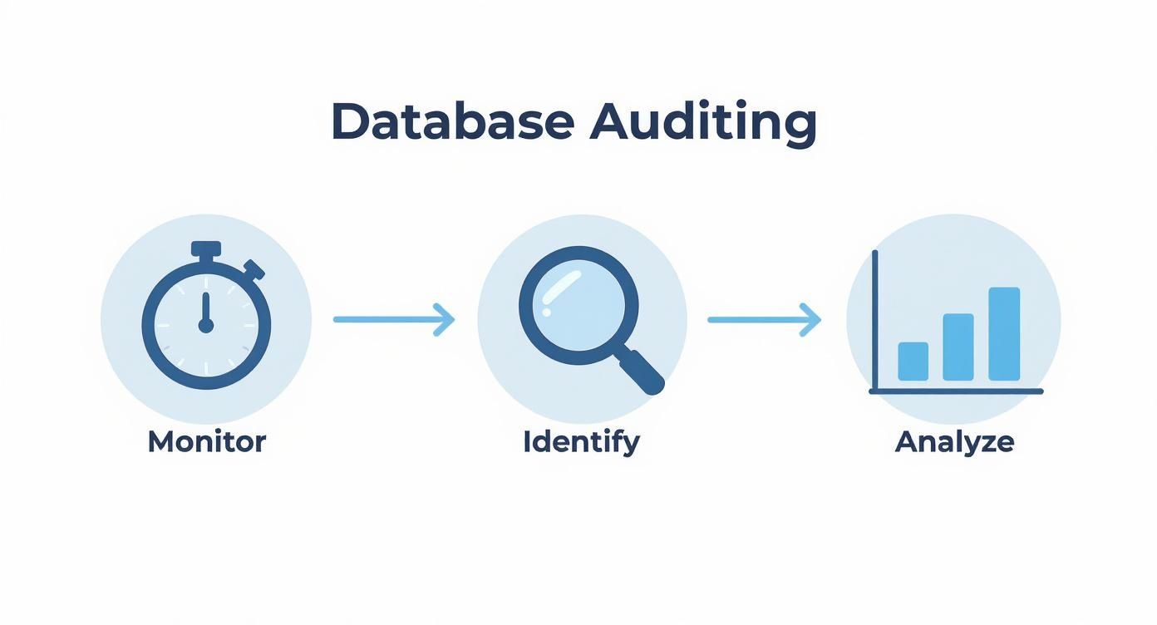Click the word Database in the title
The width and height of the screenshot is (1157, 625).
click(452, 122)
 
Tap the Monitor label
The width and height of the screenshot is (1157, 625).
click(206, 441)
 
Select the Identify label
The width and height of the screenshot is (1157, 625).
click(581, 441)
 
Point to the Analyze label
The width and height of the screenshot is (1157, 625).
click(954, 441)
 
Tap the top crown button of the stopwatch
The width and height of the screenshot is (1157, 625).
click(206, 249)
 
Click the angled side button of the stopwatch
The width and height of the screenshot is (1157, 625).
click(254, 269)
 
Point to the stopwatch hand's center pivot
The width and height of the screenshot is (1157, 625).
click(206, 325)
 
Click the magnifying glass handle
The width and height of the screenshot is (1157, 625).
click(642, 371)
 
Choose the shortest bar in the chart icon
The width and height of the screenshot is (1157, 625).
click(913, 362)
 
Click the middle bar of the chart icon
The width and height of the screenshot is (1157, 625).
click(958, 347)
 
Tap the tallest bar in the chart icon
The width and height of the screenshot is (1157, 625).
click(1003, 334)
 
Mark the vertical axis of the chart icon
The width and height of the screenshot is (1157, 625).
click(874, 320)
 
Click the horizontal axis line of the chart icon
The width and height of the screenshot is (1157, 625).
click(956, 391)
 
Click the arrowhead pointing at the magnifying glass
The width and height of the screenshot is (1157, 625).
click(447, 319)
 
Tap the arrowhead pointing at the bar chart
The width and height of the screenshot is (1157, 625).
click(813, 319)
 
